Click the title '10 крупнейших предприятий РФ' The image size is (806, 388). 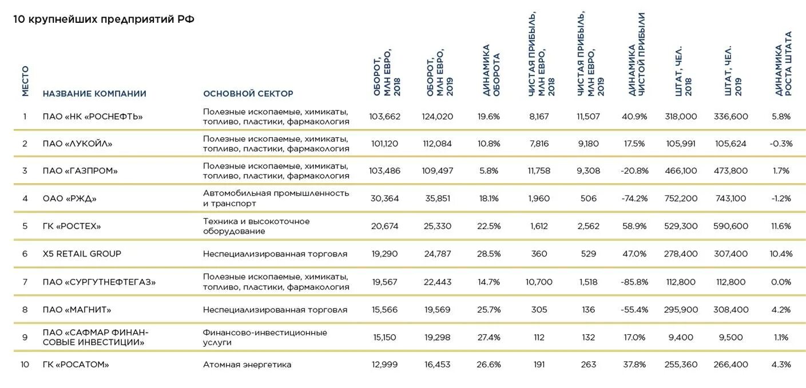(x=104, y=19)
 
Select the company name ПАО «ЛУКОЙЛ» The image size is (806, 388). (x=77, y=144)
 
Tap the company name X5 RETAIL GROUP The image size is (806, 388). (x=82, y=254)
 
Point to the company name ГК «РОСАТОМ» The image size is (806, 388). (x=76, y=365)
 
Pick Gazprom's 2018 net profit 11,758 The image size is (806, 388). (x=539, y=171)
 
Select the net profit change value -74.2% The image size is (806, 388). (x=634, y=199)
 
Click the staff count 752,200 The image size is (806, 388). (x=681, y=199)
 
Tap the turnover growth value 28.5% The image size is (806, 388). (x=489, y=254)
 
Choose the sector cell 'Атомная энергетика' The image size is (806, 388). (x=247, y=365)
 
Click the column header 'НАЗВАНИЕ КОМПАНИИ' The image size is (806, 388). (x=94, y=94)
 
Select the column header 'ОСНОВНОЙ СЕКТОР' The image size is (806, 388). (x=248, y=94)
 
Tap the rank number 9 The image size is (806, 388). (x=25, y=337)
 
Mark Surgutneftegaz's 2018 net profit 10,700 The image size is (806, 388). (x=539, y=282)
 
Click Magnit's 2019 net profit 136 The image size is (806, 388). (x=588, y=310)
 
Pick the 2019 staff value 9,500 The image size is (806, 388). (x=730, y=337)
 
